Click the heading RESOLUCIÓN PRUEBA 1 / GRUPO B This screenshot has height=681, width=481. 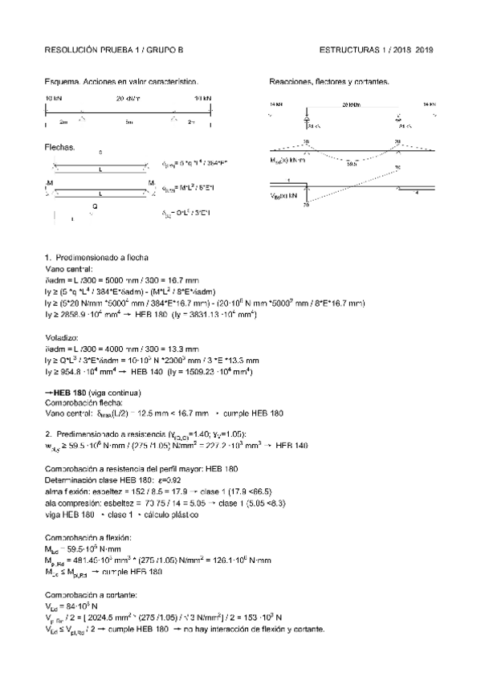tap(115, 50)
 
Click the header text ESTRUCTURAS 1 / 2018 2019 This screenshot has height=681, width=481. tap(376, 50)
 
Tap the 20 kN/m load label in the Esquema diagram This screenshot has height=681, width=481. tap(128, 98)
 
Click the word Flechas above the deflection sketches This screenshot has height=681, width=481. tap(61, 147)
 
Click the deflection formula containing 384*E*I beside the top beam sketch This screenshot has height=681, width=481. tap(194, 164)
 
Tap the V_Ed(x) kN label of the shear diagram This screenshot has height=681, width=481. tap(283, 195)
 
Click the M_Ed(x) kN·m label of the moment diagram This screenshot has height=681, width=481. tap(287, 160)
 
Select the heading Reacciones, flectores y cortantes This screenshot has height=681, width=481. tap(329, 82)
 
